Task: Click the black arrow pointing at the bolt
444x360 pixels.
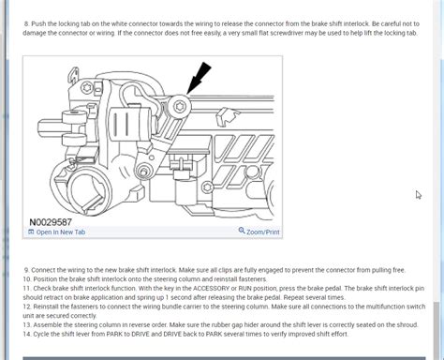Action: tap(200, 76)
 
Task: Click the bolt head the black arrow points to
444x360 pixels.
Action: tap(179, 105)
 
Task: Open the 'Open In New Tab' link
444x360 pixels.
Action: tap(60, 232)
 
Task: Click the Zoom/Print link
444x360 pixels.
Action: tap(263, 232)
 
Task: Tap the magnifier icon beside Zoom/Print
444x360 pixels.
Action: tap(242, 232)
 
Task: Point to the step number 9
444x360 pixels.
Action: tap(27, 270)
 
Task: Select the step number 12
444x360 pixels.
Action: tap(28, 307)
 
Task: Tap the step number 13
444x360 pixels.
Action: tap(28, 324)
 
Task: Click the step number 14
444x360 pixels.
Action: tap(28, 334)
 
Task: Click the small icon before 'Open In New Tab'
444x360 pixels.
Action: tap(31, 232)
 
